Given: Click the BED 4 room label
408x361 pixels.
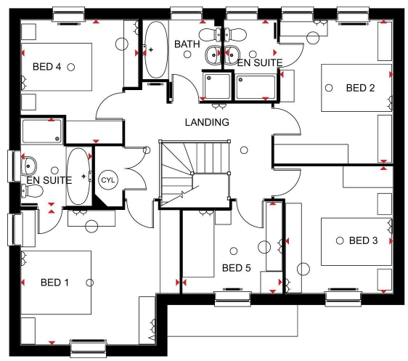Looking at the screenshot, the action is pos(47,67).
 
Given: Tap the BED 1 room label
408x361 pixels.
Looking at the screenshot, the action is pos(54,282).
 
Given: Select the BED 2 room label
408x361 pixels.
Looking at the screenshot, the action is pos(360,88).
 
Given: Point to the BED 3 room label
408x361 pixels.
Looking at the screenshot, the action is pos(363,240).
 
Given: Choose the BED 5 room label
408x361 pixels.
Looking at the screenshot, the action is pos(236,268).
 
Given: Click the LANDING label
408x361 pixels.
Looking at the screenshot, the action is pos(207,122).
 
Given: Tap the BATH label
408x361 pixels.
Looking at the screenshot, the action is pos(187,44).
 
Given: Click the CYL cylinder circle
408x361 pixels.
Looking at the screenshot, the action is pos(108,180).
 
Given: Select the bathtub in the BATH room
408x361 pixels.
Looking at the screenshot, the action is pos(156,49).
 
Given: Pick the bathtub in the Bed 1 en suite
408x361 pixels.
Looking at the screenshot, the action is pos(78,177).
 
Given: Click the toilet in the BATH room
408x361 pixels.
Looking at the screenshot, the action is pos(210,35).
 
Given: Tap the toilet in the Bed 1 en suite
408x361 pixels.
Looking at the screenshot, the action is pos(32,191).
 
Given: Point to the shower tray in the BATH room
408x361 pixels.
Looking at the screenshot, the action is pos(217,86).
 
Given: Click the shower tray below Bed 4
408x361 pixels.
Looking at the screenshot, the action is pos(42,131).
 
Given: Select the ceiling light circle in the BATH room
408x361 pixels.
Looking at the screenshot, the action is pos(187,54).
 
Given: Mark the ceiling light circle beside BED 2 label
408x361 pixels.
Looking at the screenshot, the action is pos(329,88).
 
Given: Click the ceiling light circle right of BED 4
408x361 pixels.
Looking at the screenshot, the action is pos(70,67).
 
